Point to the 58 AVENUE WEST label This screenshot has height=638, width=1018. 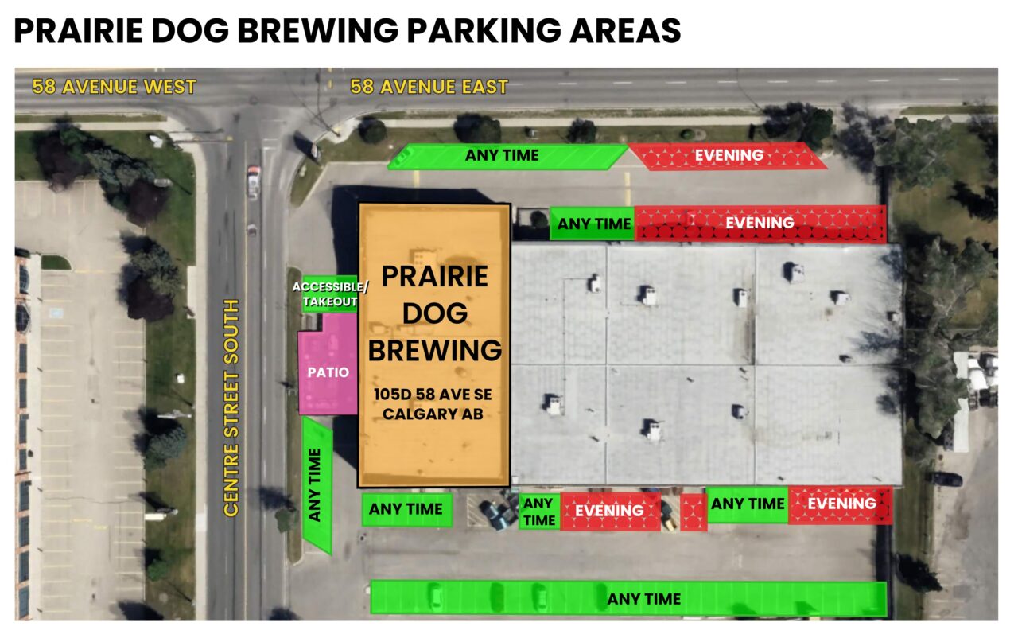coord(114,87)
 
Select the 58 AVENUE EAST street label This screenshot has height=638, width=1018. coord(429,87)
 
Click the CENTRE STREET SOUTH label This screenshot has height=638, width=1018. coord(231,408)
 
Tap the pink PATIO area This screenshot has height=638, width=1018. coord(328,372)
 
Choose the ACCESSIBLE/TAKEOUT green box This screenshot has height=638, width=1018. coord(324,294)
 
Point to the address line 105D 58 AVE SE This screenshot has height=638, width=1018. coord(433,395)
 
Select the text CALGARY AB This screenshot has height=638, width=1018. coord(433,414)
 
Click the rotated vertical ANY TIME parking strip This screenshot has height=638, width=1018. coord(317,486)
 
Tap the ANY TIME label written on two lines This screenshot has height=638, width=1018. coord(539,512)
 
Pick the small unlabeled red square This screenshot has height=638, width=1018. coord(693,512)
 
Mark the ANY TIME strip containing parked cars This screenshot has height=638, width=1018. coord(628,598)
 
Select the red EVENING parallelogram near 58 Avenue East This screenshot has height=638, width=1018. coord(729,156)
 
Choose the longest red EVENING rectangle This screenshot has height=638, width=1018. coord(760,223)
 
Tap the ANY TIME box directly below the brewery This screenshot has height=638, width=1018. coord(406,509)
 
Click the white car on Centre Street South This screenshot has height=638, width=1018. coord(253,183)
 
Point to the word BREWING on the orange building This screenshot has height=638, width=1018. coord(434,350)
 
